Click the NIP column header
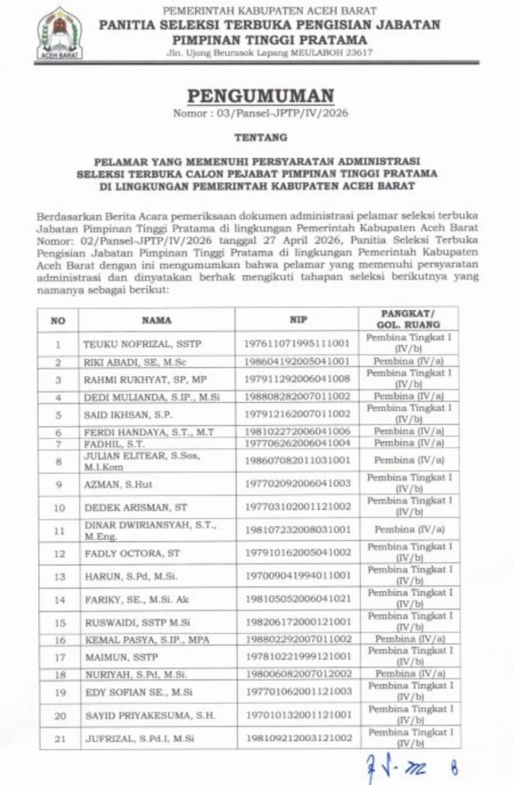296,320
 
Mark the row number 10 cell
59,507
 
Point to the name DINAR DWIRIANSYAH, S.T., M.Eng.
149,530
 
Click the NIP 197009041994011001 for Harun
297,576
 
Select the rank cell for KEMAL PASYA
409,639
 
